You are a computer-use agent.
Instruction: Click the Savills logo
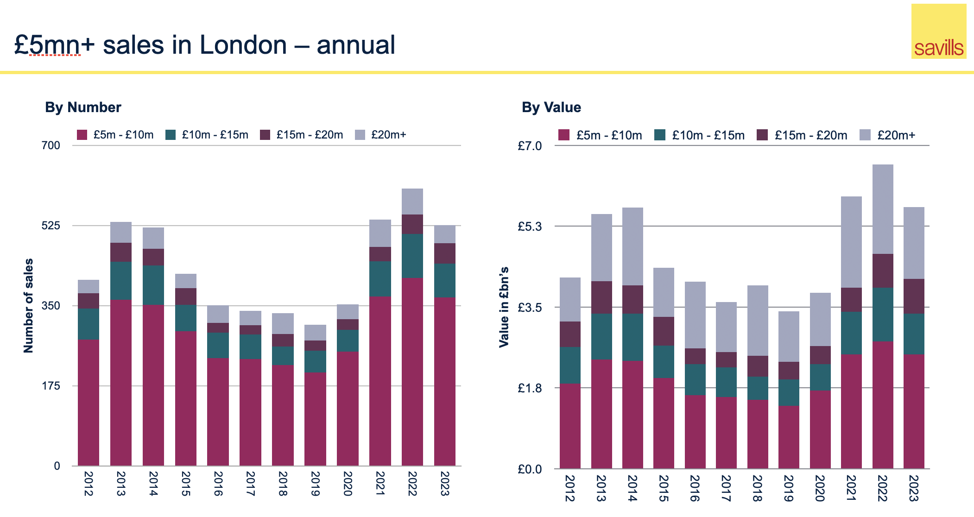click(x=938, y=32)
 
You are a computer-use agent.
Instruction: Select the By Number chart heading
click(x=83, y=107)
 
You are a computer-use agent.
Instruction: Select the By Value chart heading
click(x=551, y=107)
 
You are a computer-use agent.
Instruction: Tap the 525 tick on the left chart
click(x=51, y=226)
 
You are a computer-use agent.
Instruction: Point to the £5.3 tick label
click(x=530, y=227)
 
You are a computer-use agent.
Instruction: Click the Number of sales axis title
click(x=29, y=306)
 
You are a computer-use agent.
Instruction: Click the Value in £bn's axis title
click(x=504, y=307)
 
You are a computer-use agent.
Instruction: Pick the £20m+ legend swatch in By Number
click(x=360, y=135)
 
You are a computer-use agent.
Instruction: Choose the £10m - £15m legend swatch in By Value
click(x=660, y=135)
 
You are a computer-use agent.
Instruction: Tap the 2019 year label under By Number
click(x=315, y=484)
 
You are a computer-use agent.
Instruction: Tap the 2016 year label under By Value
click(x=695, y=488)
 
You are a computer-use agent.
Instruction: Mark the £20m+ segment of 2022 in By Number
click(x=412, y=202)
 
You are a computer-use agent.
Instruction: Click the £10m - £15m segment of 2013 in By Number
click(x=120, y=281)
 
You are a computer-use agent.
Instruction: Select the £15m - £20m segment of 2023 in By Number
click(x=444, y=253)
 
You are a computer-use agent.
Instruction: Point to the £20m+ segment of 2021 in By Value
click(x=851, y=242)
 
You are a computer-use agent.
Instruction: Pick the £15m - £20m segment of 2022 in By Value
click(x=882, y=271)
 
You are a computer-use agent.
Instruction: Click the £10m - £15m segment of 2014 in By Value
click(x=632, y=337)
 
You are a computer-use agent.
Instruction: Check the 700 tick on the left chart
click(x=51, y=145)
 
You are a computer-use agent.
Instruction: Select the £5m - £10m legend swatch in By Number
click(x=82, y=135)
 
